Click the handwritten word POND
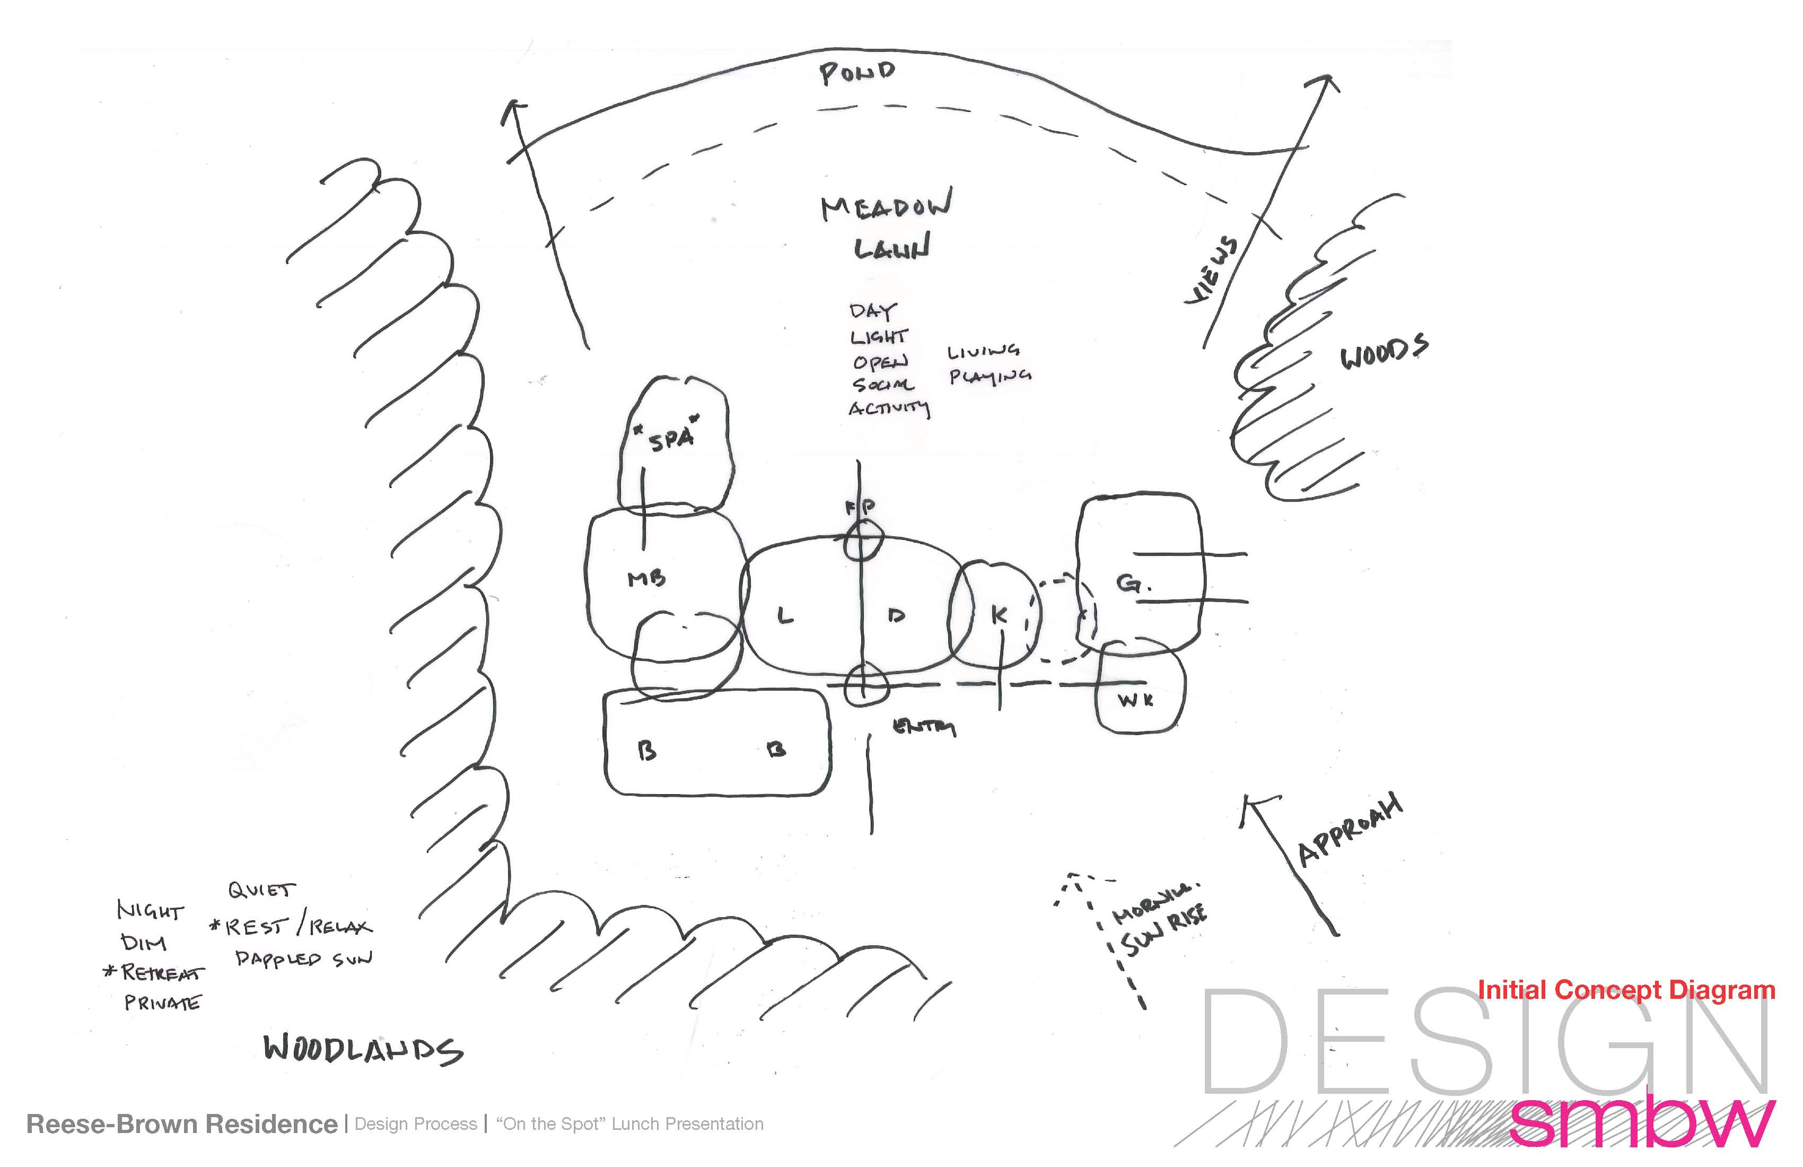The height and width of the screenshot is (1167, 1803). (x=857, y=73)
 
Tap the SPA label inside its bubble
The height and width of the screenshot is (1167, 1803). (x=671, y=438)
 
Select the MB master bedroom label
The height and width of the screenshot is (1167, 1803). (x=646, y=579)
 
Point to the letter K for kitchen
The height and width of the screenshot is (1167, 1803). (x=999, y=615)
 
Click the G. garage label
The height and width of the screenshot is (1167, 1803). (x=1133, y=583)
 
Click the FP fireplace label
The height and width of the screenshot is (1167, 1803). (x=861, y=506)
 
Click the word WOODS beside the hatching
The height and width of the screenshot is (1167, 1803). (x=1384, y=352)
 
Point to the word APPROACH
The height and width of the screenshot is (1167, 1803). (x=1350, y=831)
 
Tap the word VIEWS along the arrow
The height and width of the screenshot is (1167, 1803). (x=1212, y=271)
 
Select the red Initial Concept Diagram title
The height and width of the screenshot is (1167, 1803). (x=1626, y=990)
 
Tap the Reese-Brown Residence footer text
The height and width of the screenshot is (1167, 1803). (x=182, y=1124)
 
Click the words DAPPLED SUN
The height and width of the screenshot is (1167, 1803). (x=303, y=959)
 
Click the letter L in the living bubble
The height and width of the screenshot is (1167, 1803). (x=785, y=616)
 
